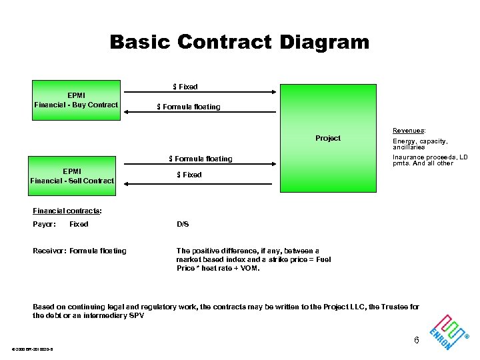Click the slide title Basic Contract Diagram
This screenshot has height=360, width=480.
[x=239, y=43]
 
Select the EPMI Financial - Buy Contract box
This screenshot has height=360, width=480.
[x=76, y=100]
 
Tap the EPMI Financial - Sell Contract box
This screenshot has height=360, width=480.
[x=72, y=175]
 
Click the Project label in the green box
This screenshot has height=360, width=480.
[x=327, y=138]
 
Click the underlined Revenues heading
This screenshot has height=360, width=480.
[x=409, y=131]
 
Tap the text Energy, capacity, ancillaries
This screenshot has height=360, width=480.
[x=420, y=144]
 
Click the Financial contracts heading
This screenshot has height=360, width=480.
[x=67, y=211]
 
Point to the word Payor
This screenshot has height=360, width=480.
[x=44, y=224]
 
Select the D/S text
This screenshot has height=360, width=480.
[x=183, y=224]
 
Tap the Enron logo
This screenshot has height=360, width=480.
[x=447, y=331]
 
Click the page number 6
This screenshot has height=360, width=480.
[x=417, y=341]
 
